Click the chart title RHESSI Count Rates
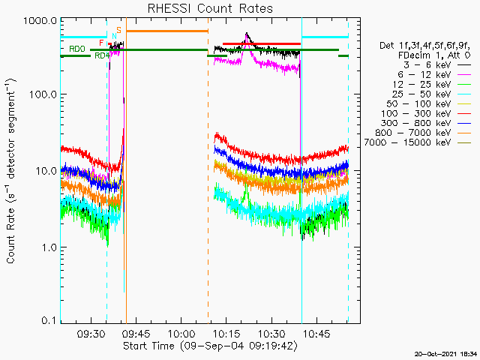tap(210, 8)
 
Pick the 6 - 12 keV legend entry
tap(434, 75)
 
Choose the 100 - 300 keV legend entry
tap(426, 113)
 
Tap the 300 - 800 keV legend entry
tap(426, 123)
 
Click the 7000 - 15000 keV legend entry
tap(418, 142)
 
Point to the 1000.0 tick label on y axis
tap(40, 21)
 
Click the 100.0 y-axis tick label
tap(43, 94)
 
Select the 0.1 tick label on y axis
tap(49, 320)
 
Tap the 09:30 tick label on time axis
tap(91, 334)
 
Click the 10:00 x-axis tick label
tap(181, 334)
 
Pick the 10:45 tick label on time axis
tap(316, 334)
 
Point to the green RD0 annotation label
tap(77, 49)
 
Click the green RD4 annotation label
tap(102, 55)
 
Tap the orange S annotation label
tap(118, 30)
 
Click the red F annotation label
tap(101, 43)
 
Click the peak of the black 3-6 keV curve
tap(247, 33)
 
